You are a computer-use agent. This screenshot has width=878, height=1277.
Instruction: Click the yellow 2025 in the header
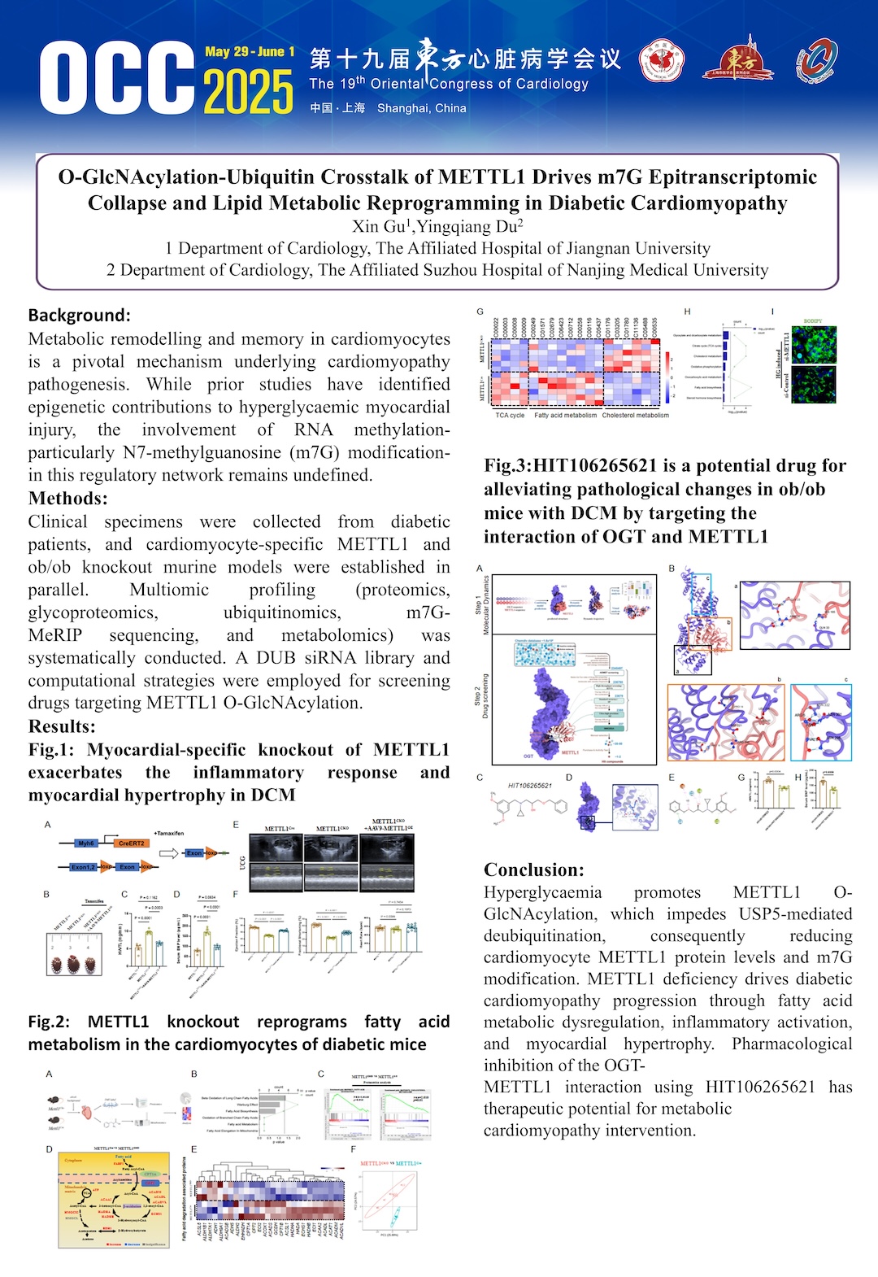pyautogui.click(x=248, y=92)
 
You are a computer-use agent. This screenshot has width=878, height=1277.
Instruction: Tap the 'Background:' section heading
pyautogui.click(x=80, y=315)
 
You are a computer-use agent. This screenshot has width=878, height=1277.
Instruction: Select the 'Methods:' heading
pyautogui.click(x=68, y=499)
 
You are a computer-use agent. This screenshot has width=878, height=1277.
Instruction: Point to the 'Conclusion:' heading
pyautogui.click(x=534, y=869)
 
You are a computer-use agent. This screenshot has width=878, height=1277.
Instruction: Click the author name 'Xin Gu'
pyautogui.click(x=380, y=226)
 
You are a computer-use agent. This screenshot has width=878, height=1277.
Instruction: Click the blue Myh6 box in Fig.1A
pyautogui.click(x=86, y=843)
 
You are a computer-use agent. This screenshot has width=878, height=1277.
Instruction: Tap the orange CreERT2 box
pyautogui.click(x=131, y=843)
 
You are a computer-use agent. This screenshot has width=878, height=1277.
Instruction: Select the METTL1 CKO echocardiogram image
pyautogui.click(x=330, y=865)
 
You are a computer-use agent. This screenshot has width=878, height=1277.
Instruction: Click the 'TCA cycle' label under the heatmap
pyautogui.click(x=510, y=415)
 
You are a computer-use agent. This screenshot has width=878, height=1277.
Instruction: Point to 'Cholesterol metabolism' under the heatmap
pyautogui.click(x=635, y=415)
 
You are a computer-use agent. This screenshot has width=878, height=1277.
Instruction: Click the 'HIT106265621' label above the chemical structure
pyautogui.click(x=530, y=786)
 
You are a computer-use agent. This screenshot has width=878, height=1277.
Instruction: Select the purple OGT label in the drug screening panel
pyautogui.click(x=528, y=756)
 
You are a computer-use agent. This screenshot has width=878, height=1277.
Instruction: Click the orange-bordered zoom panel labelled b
pyautogui.click(x=726, y=722)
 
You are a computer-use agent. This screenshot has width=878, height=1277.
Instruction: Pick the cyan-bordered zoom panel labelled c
pyautogui.click(x=821, y=722)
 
